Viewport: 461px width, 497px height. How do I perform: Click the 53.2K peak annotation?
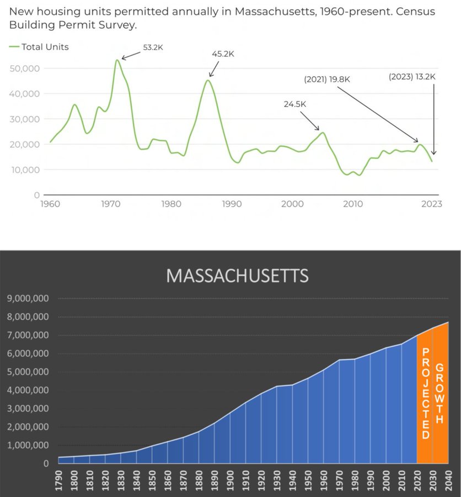(153, 47)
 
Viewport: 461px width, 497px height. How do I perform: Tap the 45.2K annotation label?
(223, 54)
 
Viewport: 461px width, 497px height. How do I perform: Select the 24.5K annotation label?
(294, 103)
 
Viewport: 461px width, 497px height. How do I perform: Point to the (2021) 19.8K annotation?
(327, 80)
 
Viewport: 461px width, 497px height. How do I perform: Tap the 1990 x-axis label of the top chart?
(232, 204)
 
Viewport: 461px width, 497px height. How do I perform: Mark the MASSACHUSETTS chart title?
(237, 276)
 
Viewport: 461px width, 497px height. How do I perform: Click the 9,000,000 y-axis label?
(28, 299)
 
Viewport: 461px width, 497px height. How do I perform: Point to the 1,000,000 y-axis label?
(28, 445)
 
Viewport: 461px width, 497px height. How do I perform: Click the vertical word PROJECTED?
(425, 393)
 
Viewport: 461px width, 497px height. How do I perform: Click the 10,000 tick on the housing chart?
(25, 170)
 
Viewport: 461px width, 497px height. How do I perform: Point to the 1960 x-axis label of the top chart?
(50, 204)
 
